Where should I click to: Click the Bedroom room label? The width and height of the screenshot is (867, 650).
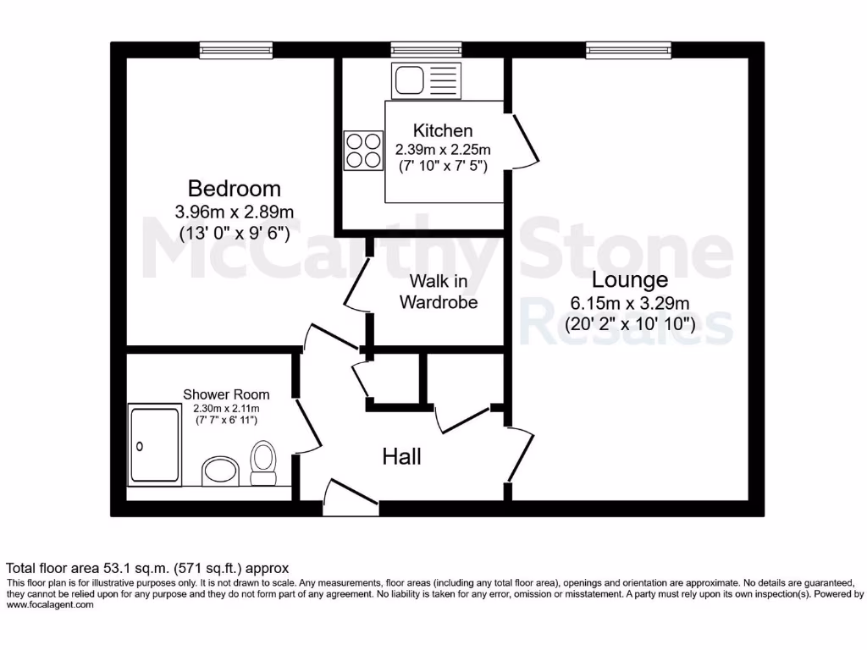(234, 188)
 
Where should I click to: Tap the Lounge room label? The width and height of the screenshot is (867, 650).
(629, 279)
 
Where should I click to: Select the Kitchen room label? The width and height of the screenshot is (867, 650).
(443, 130)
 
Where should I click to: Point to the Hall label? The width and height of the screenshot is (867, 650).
(401, 457)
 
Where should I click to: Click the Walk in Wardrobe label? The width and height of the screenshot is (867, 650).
(439, 290)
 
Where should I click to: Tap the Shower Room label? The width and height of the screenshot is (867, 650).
(227, 394)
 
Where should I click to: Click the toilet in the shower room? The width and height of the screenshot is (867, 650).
(264, 462)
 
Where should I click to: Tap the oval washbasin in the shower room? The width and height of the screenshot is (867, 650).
(221, 471)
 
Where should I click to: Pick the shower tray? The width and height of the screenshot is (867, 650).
(155, 443)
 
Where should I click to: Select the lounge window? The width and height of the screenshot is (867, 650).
(628, 51)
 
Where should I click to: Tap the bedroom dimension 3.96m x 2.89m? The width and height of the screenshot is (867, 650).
(235, 211)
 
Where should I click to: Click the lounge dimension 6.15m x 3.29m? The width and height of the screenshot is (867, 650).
(630, 302)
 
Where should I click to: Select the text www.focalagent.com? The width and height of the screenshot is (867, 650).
(50, 604)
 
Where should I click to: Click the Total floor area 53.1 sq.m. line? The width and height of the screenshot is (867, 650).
(148, 568)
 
